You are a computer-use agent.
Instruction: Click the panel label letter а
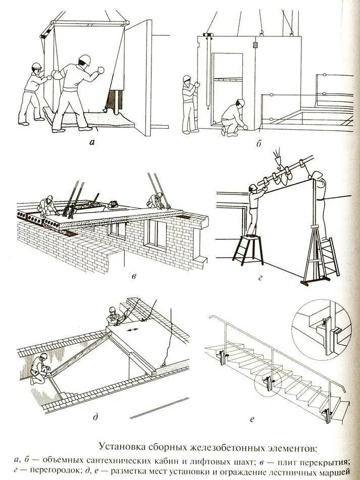click(91, 142)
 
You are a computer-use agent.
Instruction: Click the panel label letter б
click(258, 143)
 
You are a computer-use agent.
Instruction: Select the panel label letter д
click(95, 417)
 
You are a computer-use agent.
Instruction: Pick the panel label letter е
click(252, 418)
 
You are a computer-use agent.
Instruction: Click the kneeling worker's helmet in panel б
click(241, 102)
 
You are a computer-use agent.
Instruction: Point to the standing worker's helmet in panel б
click(187, 79)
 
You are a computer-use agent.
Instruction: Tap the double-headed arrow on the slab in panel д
click(133, 330)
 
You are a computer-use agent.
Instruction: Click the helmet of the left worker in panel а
click(36, 66)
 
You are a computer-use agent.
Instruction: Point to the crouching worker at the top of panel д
click(115, 316)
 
